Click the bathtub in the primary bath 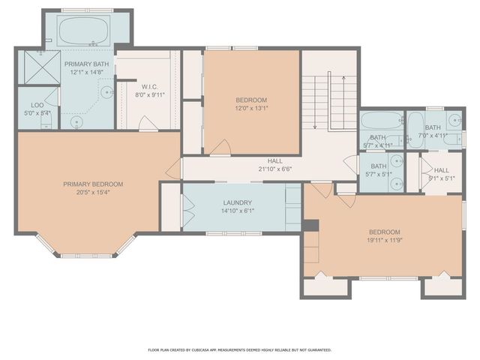[x=85, y=32]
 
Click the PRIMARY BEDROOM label [x=93, y=184]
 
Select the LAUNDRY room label [x=236, y=203]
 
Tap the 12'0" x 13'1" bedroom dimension [x=251, y=108]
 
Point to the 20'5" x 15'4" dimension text [x=93, y=193]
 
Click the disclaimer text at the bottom [x=238, y=349]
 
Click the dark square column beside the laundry [x=310, y=225]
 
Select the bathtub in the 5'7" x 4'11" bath [x=380, y=121]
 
